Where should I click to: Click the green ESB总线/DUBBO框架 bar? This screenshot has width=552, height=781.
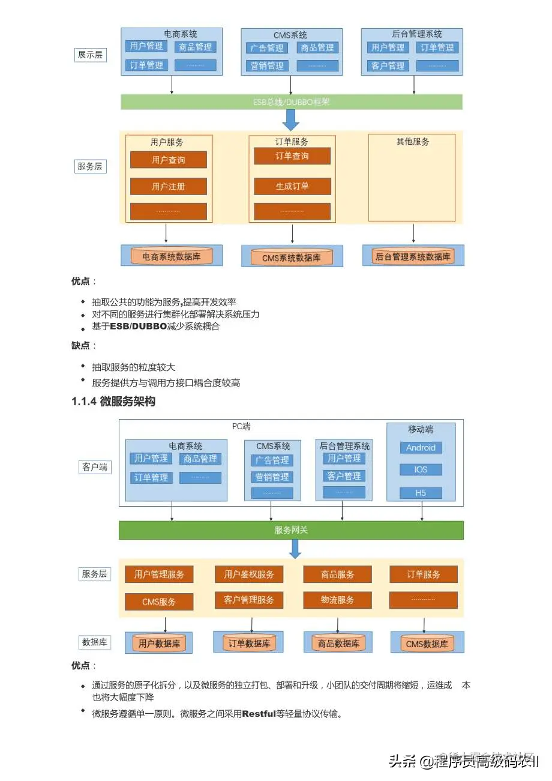292,102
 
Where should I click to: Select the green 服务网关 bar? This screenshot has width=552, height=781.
291,530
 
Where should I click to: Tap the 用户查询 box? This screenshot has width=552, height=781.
169,160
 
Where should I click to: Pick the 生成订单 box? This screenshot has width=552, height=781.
292,186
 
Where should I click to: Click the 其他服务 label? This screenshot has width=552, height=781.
413,142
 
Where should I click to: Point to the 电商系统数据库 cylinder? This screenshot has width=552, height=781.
172,256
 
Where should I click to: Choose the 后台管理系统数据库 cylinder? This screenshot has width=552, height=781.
413,257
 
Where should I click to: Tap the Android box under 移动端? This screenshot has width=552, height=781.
421,448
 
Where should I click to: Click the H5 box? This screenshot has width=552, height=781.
421,493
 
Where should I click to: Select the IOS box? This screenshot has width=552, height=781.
421,469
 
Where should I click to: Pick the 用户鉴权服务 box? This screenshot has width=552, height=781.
249,574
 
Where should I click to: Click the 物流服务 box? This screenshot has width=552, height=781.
338,600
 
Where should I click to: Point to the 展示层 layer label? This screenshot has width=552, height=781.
90,55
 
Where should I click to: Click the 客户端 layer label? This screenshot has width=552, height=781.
94,466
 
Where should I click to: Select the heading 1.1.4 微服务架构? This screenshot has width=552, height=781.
113,402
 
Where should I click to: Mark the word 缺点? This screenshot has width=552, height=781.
81,345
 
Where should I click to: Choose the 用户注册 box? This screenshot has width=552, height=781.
169,187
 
